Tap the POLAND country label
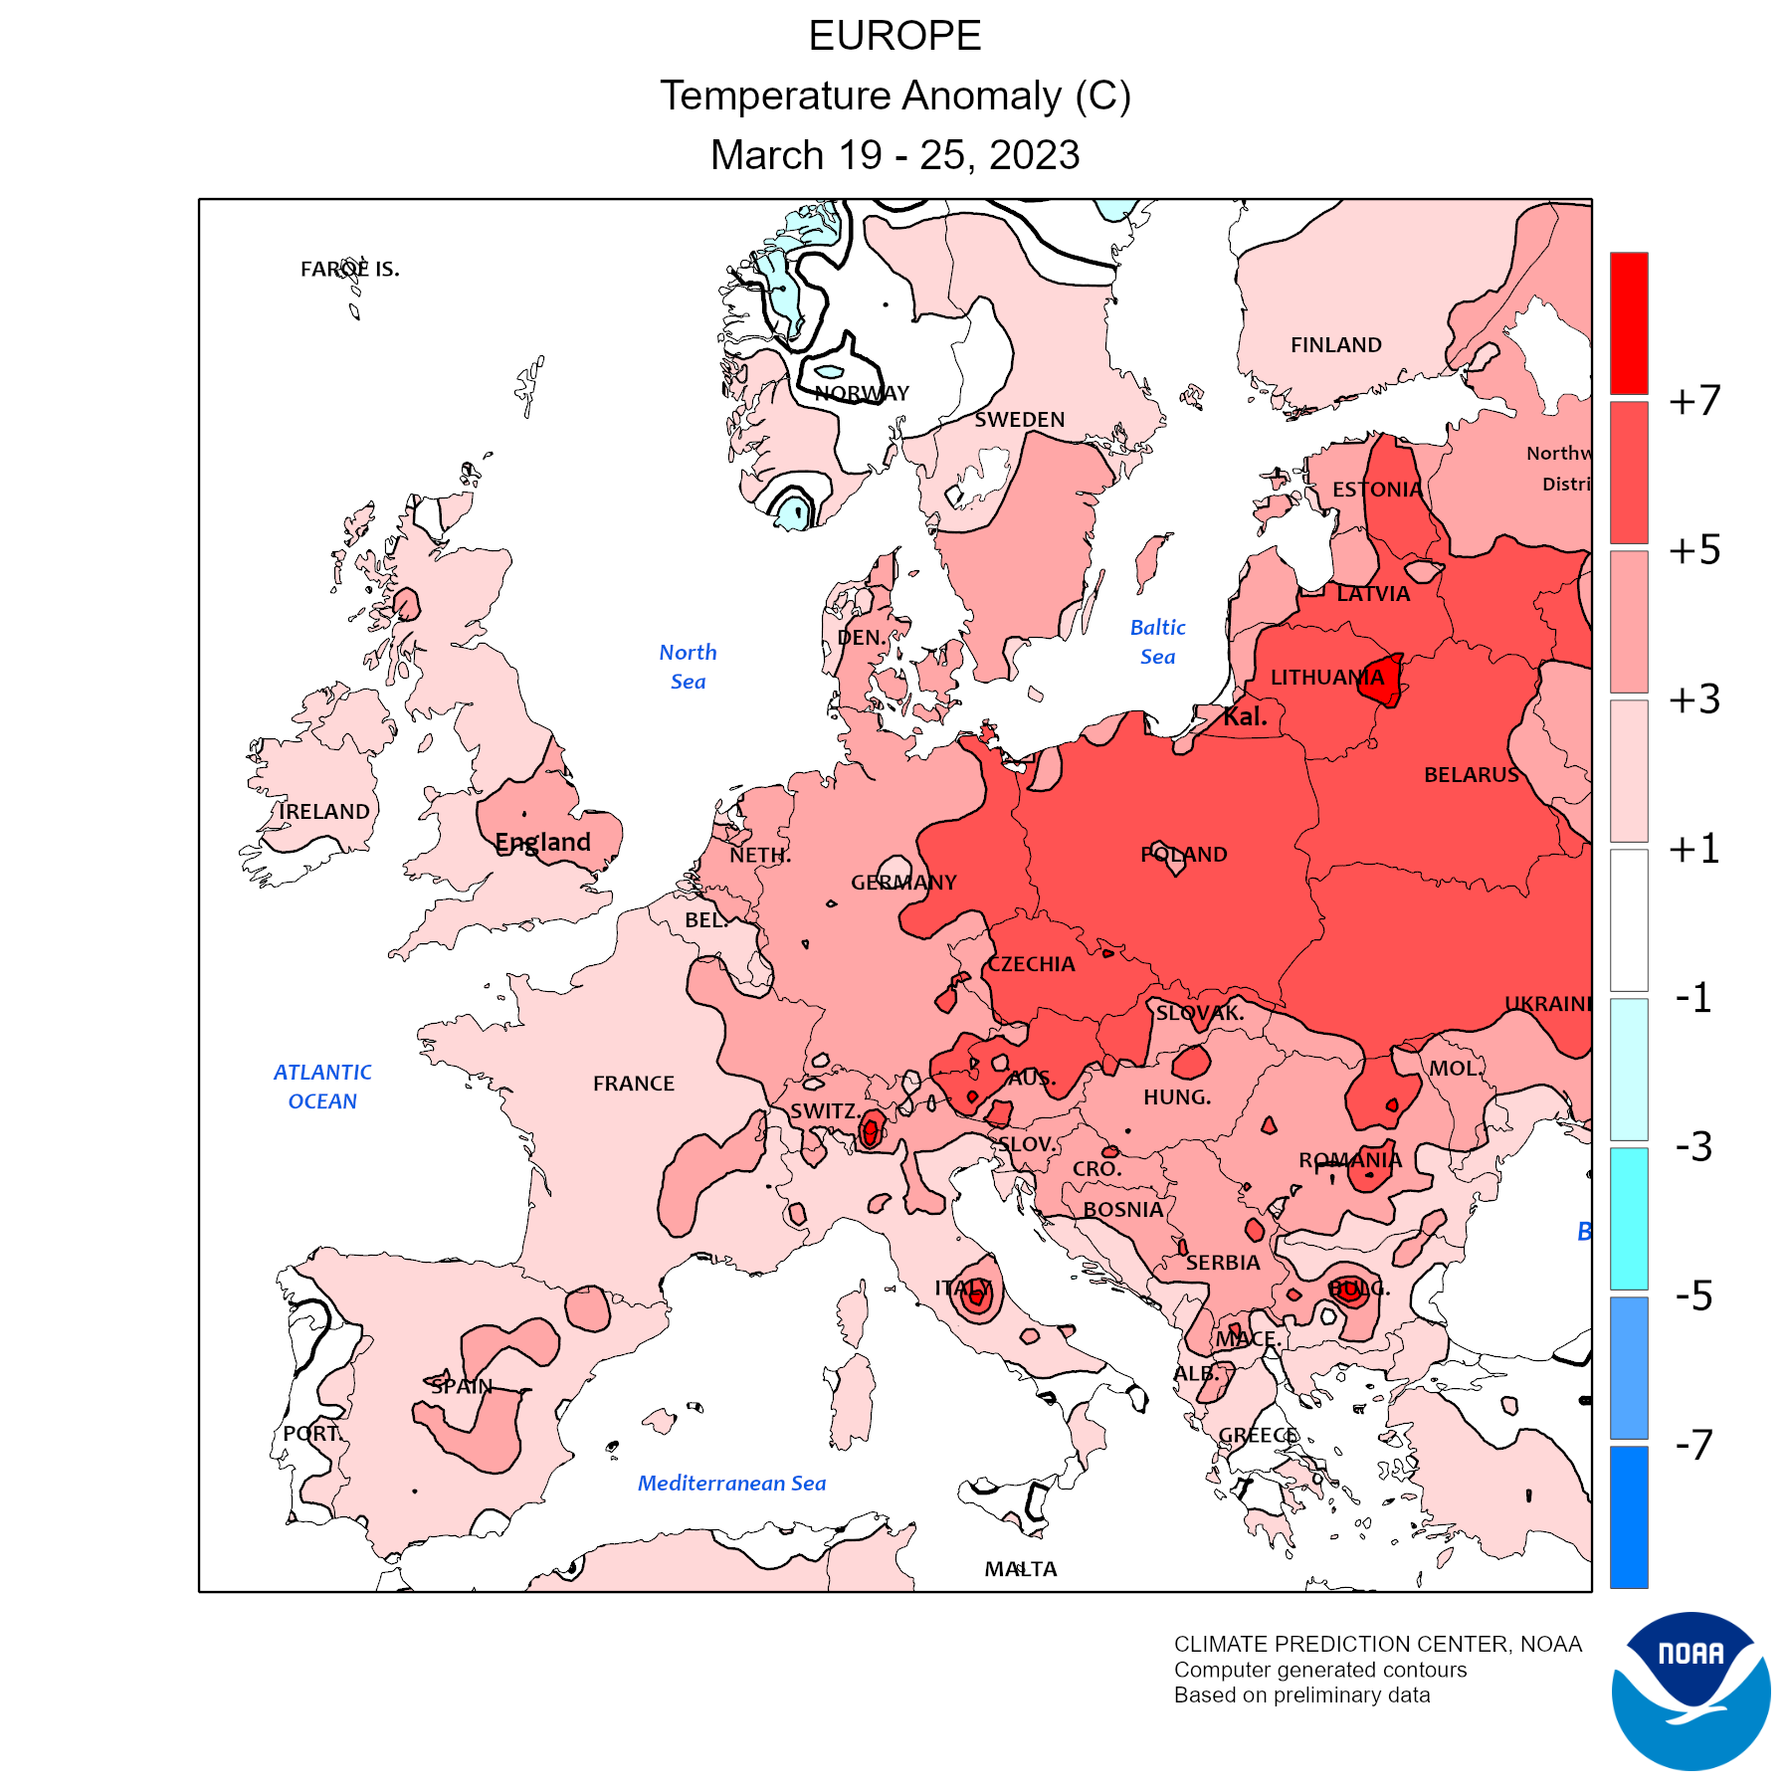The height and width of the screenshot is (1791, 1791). pyautogui.click(x=1183, y=854)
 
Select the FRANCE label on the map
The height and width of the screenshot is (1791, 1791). pyautogui.click(x=633, y=1083)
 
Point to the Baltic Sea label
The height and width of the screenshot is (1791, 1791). pyautogui.click(x=1157, y=642)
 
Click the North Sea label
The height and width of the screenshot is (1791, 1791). pyautogui.click(x=688, y=667)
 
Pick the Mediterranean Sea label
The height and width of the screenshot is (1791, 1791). pyautogui.click(x=731, y=1483)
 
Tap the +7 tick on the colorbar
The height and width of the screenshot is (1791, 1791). pyautogui.click(x=1694, y=401)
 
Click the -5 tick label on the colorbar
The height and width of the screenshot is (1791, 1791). pyautogui.click(x=1694, y=1295)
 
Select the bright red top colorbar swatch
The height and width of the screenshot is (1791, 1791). pyautogui.click(x=1629, y=322)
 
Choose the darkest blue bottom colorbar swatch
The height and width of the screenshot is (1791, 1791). pyautogui.click(x=1629, y=1516)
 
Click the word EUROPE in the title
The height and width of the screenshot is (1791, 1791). pyautogui.click(x=895, y=36)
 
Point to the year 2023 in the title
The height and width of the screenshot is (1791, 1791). pyautogui.click(x=1034, y=155)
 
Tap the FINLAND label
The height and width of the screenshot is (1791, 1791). pyautogui.click(x=1335, y=345)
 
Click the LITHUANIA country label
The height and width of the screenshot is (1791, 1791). pyautogui.click(x=1326, y=678)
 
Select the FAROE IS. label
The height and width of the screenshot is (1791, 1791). pyautogui.click(x=349, y=269)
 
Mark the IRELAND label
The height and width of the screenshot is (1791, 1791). pyautogui.click(x=324, y=811)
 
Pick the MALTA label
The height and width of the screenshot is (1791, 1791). pyautogui.click(x=1020, y=1569)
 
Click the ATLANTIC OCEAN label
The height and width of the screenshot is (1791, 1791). pyautogui.click(x=322, y=1087)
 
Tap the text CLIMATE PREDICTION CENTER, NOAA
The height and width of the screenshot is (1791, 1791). pyautogui.click(x=1377, y=1644)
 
